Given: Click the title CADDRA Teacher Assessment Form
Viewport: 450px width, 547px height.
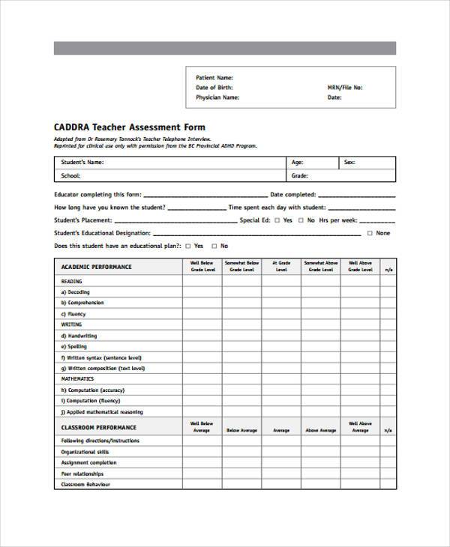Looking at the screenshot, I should pos(129,127).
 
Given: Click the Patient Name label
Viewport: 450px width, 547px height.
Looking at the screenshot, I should pos(214,77).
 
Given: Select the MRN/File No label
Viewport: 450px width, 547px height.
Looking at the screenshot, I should pos(345,87).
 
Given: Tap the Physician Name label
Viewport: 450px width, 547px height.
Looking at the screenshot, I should pos(217,97).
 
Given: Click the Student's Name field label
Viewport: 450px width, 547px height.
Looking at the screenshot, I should pos(82,162).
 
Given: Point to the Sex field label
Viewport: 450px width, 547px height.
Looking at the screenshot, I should pos(349,162).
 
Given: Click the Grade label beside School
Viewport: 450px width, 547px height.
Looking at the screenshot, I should pos(299,176).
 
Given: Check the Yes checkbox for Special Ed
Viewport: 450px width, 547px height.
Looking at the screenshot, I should pos(277,220).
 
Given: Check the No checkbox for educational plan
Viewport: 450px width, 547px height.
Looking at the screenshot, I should pos(214,246).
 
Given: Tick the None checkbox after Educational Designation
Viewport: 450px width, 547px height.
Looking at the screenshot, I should pos(369,233).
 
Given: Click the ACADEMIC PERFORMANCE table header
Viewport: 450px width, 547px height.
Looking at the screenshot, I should pos(96,267).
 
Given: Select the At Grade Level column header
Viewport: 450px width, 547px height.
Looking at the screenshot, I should pos(281,266).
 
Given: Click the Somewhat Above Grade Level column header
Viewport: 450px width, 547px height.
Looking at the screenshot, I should pos(321,266).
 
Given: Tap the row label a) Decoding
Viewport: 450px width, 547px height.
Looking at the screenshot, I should pos(75,292).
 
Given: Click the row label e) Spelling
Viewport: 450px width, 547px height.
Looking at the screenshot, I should pos(74,347).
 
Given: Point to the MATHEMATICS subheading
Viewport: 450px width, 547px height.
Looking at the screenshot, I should pos(77,379).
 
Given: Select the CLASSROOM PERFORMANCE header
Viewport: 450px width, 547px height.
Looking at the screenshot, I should pos(98,427).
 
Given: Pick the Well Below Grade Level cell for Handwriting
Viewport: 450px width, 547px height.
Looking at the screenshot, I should pos(202,336).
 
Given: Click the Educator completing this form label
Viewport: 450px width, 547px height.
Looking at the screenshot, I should pos(96,194).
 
